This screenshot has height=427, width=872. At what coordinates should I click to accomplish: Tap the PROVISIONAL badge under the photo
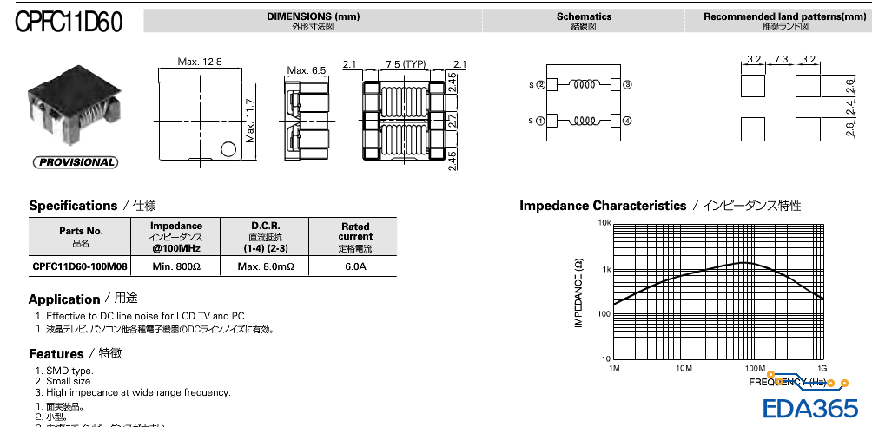pyautogui.click(x=75, y=162)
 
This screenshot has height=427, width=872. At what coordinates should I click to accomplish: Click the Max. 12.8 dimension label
pyautogui.click(x=200, y=62)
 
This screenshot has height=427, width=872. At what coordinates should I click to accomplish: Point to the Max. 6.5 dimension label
pyautogui.click(x=307, y=70)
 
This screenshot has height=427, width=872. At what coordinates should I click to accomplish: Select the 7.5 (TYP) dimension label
pyautogui.click(x=406, y=64)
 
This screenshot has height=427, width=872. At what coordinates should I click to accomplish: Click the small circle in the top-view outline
pyautogui.click(x=228, y=148)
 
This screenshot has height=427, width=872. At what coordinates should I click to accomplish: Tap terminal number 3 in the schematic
pyautogui.click(x=627, y=85)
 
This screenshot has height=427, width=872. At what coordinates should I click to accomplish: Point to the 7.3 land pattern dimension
pyautogui.click(x=781, y=59)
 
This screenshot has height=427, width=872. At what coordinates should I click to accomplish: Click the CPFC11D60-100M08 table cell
pyautogui.click(x=81, y=266)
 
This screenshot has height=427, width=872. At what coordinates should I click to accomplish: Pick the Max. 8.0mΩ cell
pyautogui.click(x=266, y=266)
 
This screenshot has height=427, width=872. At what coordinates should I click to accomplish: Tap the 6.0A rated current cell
pyautogui.click(x=355, y=266)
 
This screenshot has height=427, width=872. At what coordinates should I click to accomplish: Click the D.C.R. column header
pyautogui.click(x=266, y=226)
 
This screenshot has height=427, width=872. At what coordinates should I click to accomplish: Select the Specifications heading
pyautogui.click(x=73, y=206)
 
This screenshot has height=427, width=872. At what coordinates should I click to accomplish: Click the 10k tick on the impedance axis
pyautogui.click(x=604, y=223)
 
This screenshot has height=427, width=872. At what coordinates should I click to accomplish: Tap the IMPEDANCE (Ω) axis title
pyautogui.click(x=578, y=292)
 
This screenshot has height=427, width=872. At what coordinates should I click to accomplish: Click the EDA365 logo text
pyautogui.click(x=810, y=409)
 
